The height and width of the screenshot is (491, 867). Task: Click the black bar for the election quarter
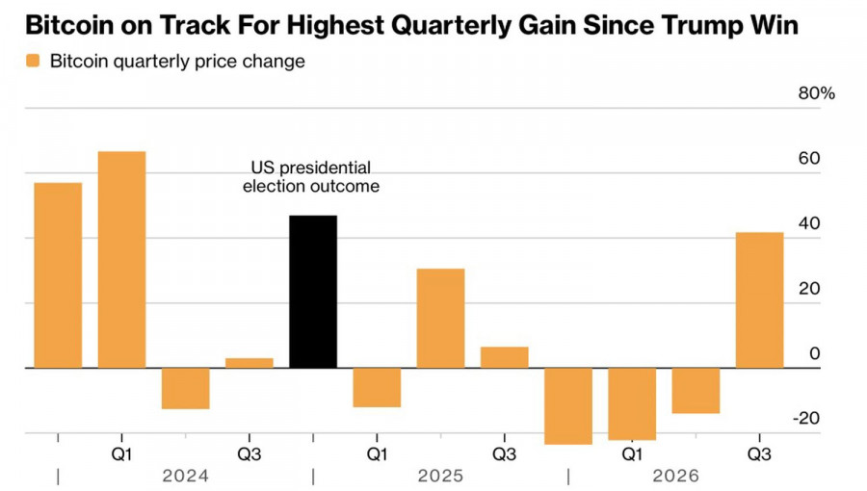click(313, 292)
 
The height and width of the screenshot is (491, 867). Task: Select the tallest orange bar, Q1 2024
click(121, 260)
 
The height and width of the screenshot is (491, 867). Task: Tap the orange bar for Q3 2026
click(759, 300)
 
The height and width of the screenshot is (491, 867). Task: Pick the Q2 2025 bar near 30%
click(440, 318)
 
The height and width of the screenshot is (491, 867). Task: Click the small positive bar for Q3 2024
click(250, 363)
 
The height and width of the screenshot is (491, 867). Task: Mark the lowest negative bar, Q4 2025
click(567, 406)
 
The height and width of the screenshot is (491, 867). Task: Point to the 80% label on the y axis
click(816, 93)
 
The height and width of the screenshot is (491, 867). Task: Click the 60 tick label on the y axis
click(809, 159)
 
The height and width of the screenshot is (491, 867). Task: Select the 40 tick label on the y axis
click(809, 223)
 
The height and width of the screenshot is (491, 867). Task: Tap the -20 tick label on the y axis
click(806, 418)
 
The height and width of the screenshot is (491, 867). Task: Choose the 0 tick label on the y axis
click(814, 353)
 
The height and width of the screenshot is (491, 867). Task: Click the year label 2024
click(185, 476)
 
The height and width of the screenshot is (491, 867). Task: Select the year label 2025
click(440, 476)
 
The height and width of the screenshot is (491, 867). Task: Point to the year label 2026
click(675, 476)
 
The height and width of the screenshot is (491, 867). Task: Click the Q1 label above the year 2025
click(377, 454)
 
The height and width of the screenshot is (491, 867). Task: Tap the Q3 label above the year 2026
click(759, 454)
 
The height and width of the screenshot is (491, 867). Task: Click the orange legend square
click(33, 61)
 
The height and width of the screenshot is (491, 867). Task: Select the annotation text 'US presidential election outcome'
click(311, 177)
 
